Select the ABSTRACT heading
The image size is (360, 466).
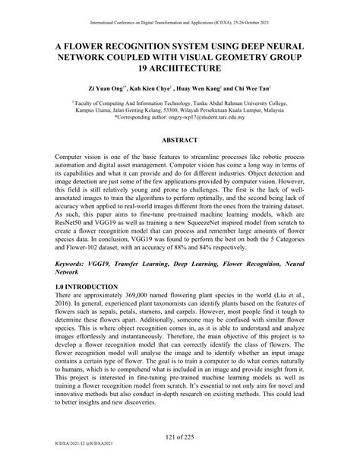coord(179,141)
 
